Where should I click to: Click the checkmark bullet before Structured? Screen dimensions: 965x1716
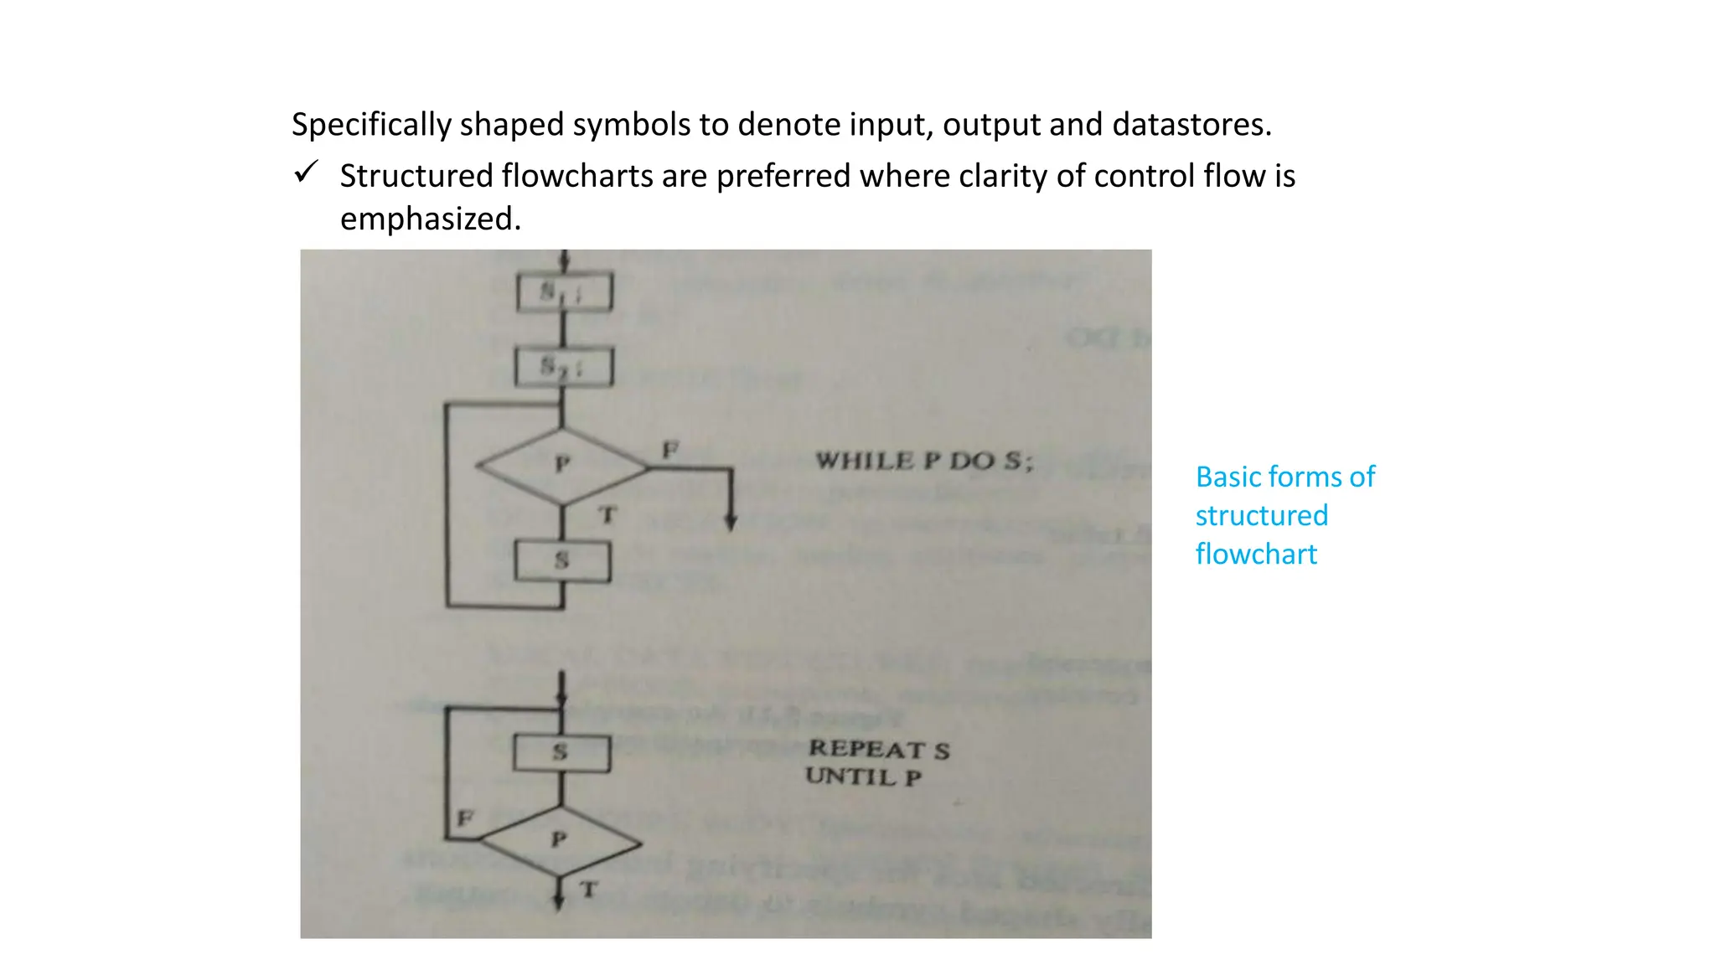[x=306, y=173]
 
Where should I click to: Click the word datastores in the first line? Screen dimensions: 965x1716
[x=1191, y=124]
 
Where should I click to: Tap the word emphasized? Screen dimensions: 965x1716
[x=430, y=219]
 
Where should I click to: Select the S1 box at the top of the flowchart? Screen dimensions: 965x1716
[x=564, y=292]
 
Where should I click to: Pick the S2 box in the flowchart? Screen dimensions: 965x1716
[x=564, y=367]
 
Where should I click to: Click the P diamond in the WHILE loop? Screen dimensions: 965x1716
[x=562, y=465]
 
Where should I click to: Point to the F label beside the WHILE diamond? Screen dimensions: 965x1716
[x=670, y=449]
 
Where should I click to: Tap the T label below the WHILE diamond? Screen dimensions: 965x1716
[x=607, y=514]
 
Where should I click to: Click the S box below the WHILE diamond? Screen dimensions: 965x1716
[x=562, y=561]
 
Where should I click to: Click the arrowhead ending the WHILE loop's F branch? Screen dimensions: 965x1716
[x=731, y=523]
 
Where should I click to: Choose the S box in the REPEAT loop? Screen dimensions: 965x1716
[x=561, y=752]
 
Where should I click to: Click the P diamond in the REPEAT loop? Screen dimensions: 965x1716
[x=560, y=840]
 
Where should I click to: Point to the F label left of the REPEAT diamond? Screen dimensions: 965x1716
[x=465, y=817]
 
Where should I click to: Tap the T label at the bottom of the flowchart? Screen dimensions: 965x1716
[x=589, y=889]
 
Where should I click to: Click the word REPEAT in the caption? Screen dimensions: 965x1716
[x=866, y=749]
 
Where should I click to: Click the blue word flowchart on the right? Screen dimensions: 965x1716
[x=1255, y=554]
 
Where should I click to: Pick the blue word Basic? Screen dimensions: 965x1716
[x=1226, y=477]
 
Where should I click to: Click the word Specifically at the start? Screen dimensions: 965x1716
[x=371, y=124]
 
